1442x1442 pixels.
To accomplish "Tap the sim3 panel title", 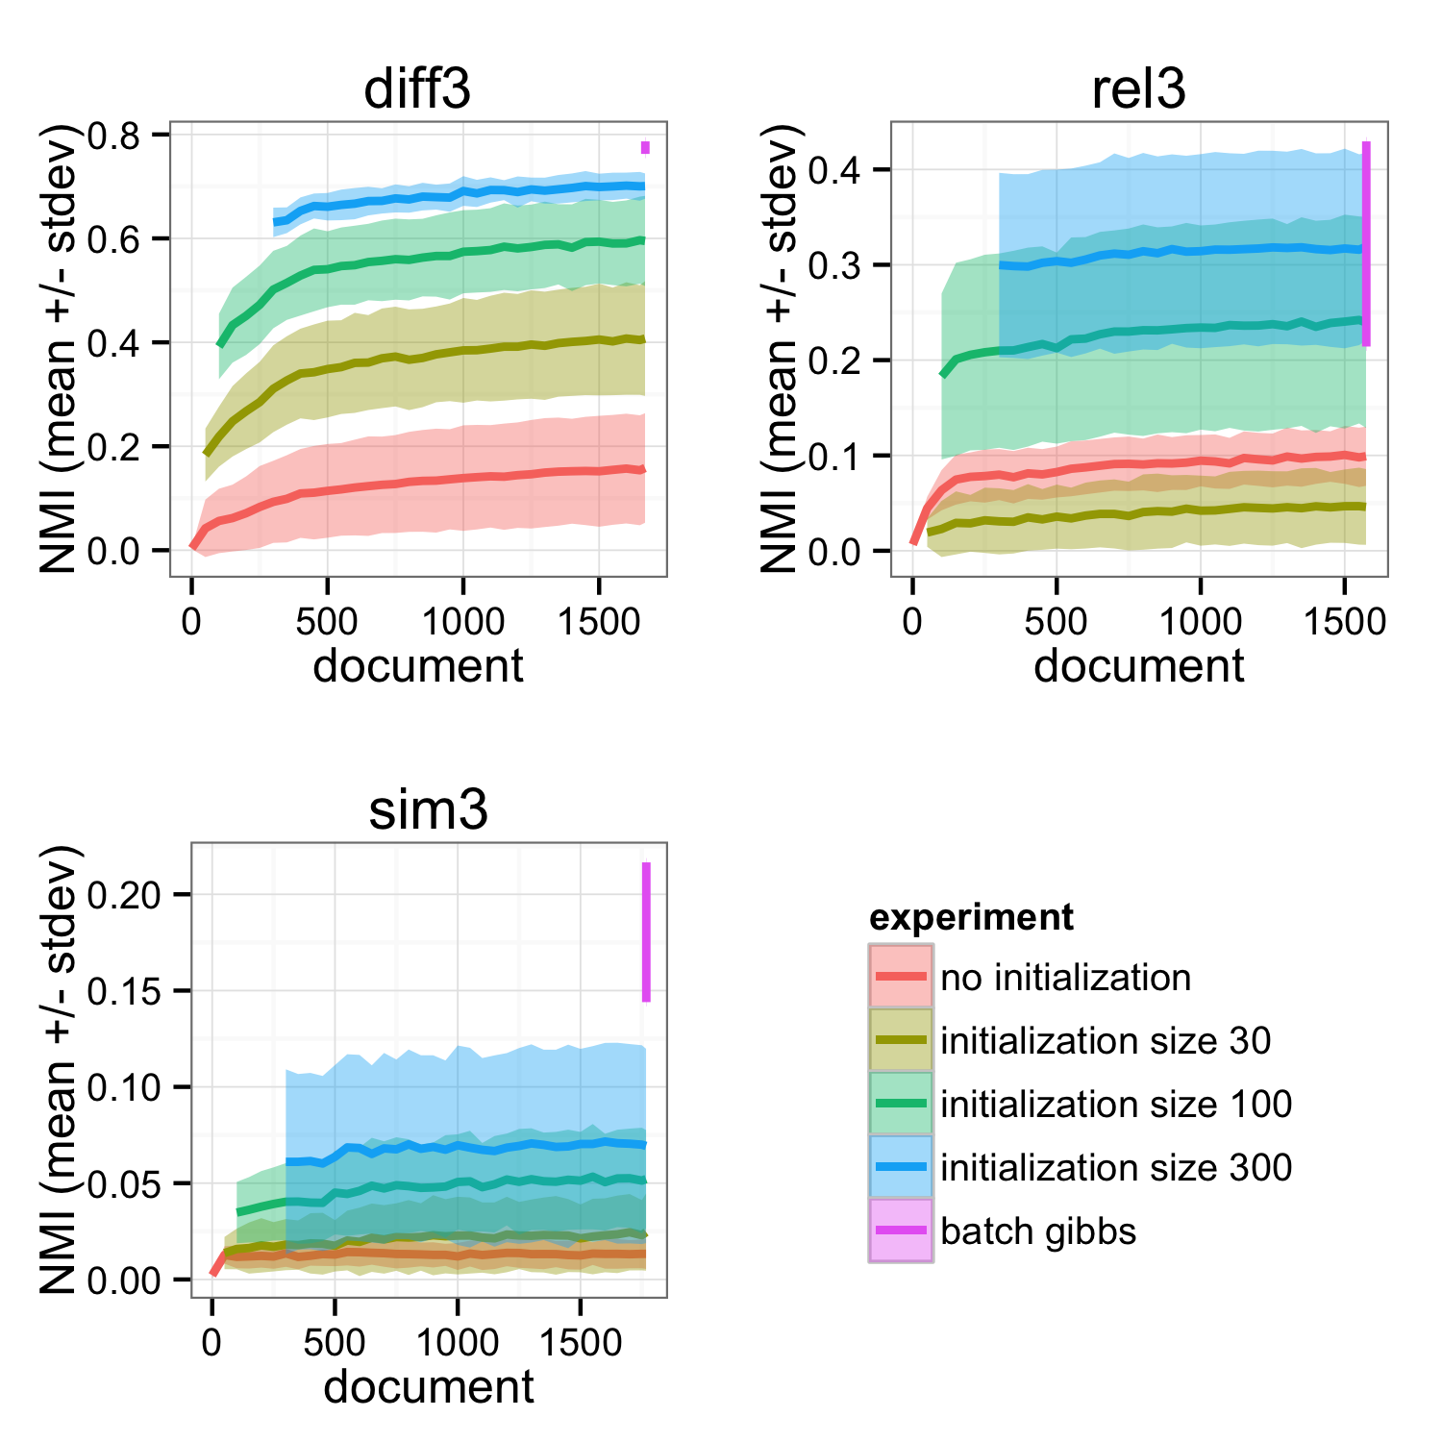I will [429, 810].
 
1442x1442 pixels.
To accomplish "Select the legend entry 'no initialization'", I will [1065, 978].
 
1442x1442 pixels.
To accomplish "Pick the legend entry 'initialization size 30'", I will [1106, 1041].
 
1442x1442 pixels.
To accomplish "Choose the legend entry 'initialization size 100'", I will [1116, 1105].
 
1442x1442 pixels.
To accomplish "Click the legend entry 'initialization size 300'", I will [1116, 1168].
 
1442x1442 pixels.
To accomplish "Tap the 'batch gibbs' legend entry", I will [1038, 1231].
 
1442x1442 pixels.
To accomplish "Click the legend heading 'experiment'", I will [971, 918].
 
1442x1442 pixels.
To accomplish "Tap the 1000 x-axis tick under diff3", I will [463, 622].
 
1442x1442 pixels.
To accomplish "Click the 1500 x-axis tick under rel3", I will [1344, 622].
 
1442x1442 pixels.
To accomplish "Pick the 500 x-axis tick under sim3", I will [335, 1343].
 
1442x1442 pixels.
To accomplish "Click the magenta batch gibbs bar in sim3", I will [646, 932].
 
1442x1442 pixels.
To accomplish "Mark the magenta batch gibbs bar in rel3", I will [1366, 243].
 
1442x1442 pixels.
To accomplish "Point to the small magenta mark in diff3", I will [646, 148].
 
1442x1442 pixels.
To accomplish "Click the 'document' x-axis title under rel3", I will [1138, 666].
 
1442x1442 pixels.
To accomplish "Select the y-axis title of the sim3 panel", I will [60, 1070].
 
